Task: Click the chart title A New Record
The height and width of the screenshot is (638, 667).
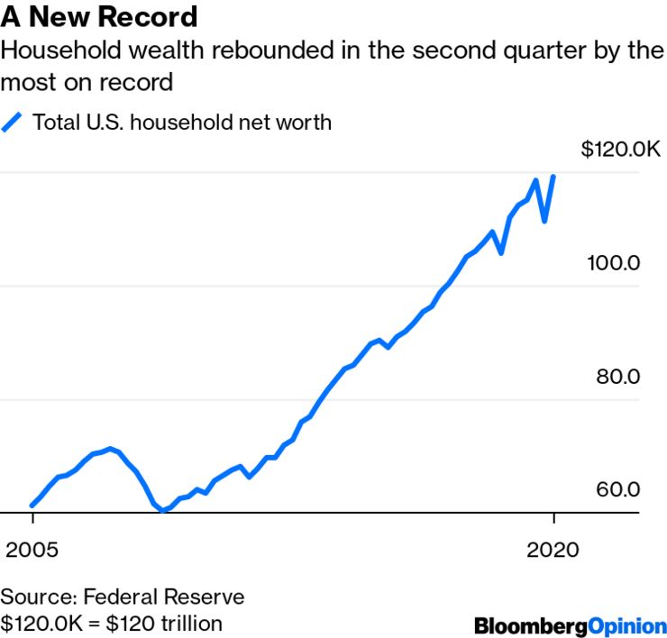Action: coord(99,16)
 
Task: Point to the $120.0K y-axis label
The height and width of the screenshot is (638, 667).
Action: coord(621,150)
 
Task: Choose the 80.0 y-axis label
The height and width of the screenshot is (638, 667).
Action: coord(617,377)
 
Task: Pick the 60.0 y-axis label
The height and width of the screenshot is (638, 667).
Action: coord(617,489)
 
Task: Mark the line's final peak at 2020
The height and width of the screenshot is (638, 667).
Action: coord(553,177)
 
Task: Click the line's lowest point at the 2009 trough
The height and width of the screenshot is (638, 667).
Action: coord(162,510)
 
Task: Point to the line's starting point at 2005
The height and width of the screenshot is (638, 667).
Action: coord(32,506)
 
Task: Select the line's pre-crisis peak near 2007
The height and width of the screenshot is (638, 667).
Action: coord(110,448)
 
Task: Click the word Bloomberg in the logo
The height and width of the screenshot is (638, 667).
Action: coord(531,624)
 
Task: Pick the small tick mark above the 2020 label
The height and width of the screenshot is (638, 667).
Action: coord(553,519)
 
